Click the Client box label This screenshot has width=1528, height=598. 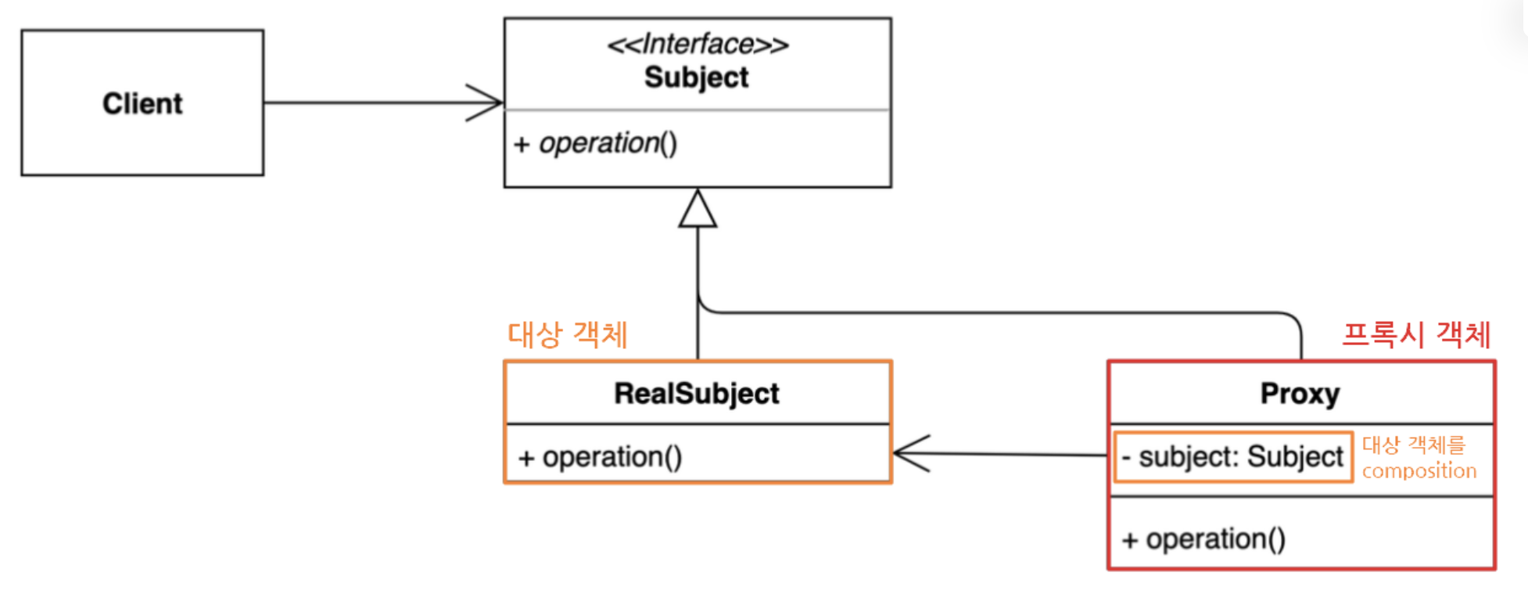pyautogui.click(x=142, y=103)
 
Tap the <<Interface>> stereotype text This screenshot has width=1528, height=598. pyautogui.click(x=698, y=44)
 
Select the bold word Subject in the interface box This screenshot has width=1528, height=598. pyautogui.click(x=697, y=77)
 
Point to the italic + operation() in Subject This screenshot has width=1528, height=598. pyautogui.click(x=595, y=143)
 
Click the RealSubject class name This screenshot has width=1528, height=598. pyautogui.click(x=697, y=393)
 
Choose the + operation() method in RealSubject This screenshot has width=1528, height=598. pyautogui.click(x=600, y=457)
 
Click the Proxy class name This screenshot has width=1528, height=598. pyautogui.click(x=1300, y=394)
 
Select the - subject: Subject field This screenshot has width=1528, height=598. pyautogui.click(x=1232, y=456)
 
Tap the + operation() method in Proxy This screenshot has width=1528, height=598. pyautogui.click(x=1203, y=539)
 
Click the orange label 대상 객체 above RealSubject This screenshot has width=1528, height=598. pyautogui.click(x=568, y=335)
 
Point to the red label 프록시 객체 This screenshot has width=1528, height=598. pyautogui.click(x=1416, y=335)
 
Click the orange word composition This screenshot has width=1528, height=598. pyautogui.click(x=1419, y=470)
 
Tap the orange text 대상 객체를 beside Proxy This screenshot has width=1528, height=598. pyautogui.click(x=1414, y=445)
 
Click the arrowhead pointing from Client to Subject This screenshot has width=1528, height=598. pyautogui.click(x=485, y=103)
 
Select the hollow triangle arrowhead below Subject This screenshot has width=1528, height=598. pyautogui.click(x=698, y=208)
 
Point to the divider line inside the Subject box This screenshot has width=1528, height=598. pyautogui.click(x=698, y=110)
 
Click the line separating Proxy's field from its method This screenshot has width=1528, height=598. pyautogui.click(x=1301, y=497)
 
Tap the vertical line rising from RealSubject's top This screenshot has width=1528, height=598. pyautogui.click(x=698, y=294)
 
